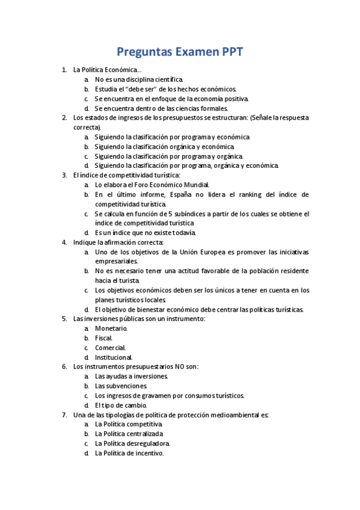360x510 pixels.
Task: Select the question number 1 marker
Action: click(64, 70)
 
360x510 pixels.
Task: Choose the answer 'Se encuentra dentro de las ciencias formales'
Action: click(161, 108)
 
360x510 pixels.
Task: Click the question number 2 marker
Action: click(64, 118)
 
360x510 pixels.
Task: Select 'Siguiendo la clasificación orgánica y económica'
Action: click(164, 146)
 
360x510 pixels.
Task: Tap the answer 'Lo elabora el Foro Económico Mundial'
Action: click(152, 185)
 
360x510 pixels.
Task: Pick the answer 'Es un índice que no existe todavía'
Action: click(145, 233)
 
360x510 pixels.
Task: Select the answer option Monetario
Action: click(111, 328)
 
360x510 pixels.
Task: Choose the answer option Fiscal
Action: click(104, 338)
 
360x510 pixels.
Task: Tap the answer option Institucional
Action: click(114, 357)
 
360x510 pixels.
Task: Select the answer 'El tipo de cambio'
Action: click(121, 405)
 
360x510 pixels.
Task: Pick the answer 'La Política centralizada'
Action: click(129, 434)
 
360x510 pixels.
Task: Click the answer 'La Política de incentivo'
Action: click(129, 453)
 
